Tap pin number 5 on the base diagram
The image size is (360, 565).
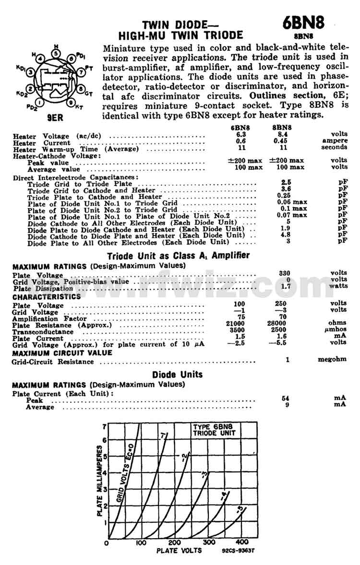56,54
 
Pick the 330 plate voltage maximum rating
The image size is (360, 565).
285,273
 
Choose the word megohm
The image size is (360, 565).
332,359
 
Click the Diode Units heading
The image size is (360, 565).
177,374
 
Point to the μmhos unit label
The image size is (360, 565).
336,330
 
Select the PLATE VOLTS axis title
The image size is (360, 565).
179,551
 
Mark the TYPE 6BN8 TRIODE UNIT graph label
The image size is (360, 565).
214,429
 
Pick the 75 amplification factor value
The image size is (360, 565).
241,317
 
